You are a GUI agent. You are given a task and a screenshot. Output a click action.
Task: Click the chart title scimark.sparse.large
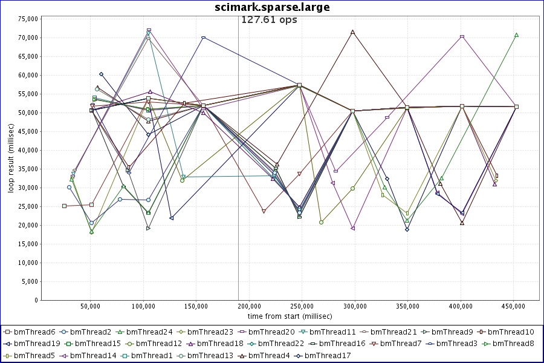point(272,7)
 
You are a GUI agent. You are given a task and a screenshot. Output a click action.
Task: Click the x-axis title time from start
point(289,316)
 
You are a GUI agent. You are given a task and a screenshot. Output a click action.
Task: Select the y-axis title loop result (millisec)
point(11,159)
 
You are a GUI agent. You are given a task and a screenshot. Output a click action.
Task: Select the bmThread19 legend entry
point(34,344)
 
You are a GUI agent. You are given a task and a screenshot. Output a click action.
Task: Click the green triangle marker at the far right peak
point(516,35)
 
